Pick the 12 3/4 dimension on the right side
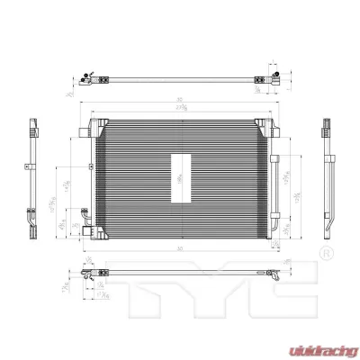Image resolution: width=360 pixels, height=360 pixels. point(298,189)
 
